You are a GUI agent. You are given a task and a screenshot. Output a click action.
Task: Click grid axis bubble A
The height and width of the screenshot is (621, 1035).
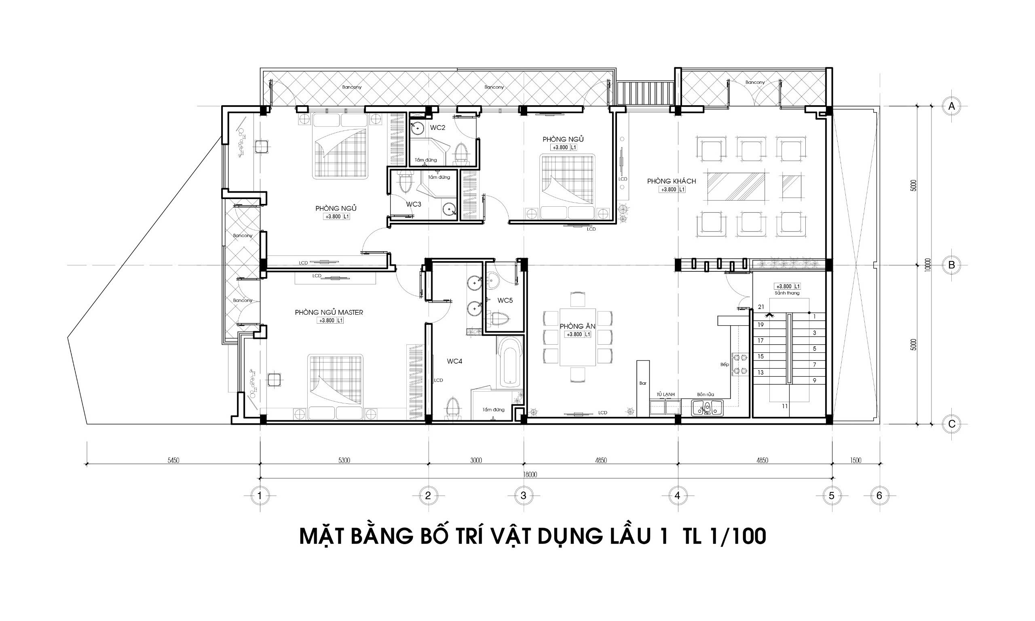951,106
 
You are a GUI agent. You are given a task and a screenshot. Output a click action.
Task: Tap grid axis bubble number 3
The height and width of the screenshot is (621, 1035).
523,496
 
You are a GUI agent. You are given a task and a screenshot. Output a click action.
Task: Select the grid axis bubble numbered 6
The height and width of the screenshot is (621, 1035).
879,496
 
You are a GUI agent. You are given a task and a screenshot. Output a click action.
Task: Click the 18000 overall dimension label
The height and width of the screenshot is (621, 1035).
529,475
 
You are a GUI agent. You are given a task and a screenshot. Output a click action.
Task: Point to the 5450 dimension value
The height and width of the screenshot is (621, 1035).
173,460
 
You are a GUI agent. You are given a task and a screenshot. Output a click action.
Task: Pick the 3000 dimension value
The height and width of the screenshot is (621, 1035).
476,460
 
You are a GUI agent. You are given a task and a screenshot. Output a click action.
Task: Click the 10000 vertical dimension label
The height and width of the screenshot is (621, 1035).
927,265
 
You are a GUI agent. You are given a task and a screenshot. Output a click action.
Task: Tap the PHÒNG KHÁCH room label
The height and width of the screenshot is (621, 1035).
671,181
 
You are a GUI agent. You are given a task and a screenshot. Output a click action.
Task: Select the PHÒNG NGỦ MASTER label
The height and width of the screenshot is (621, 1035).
329,312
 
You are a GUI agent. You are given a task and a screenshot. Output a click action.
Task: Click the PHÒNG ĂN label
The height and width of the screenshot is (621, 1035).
577,326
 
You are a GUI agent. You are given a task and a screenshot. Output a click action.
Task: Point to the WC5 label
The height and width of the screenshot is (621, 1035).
505,301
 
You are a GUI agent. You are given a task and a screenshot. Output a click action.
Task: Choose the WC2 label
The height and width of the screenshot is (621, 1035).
437,127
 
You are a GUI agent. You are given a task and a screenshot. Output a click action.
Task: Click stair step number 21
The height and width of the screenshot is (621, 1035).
760,307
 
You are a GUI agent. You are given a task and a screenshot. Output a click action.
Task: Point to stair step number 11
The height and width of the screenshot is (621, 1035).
784,406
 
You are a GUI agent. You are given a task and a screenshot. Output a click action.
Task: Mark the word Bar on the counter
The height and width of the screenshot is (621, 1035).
643,383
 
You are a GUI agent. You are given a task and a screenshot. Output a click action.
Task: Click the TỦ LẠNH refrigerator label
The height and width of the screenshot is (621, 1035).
665,394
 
